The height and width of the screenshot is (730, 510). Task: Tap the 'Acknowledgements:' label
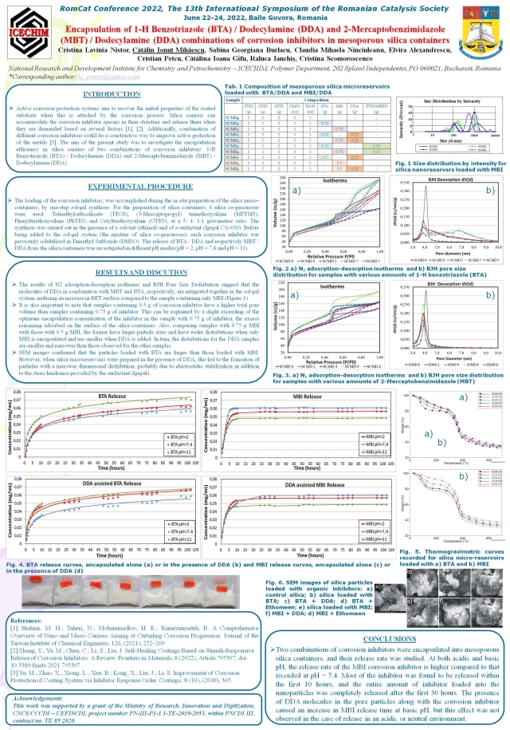37,696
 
